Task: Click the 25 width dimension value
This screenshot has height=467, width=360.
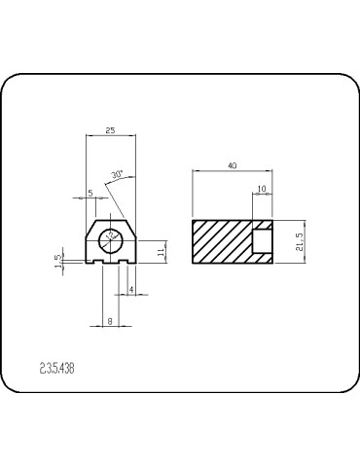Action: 110,130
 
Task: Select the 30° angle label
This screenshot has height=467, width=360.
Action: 118,175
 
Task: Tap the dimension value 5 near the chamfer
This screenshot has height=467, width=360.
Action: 90,193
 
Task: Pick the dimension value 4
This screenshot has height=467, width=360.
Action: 130,289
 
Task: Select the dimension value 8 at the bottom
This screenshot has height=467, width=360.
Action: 110,319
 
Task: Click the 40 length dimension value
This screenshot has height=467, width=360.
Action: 232,166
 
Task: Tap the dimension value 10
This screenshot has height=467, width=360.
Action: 261,188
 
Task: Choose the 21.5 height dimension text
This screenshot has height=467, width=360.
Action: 301,241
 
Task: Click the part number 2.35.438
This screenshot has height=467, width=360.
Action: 56,369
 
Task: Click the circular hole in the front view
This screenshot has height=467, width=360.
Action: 111,235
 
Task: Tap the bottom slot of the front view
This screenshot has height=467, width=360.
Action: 110,261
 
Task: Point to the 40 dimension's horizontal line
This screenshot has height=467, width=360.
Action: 232,172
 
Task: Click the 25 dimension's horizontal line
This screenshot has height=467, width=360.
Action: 110,136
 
